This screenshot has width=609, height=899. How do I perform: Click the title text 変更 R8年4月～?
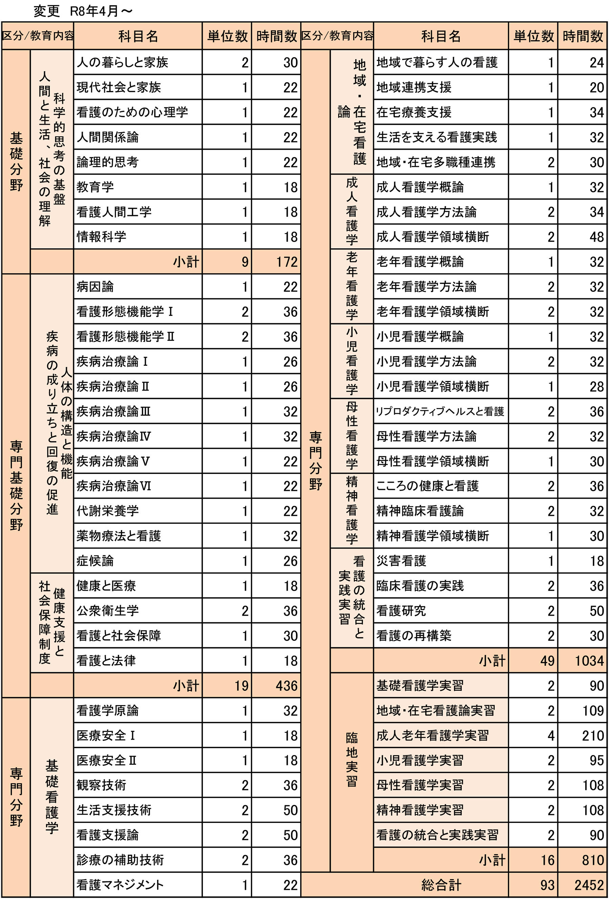(x=83, y=11)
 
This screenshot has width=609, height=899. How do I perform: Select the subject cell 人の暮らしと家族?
(x=122, y=62)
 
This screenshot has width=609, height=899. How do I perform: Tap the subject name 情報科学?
(x=101, y=236)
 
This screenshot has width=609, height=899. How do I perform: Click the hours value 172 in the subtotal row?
(x=287, y=262)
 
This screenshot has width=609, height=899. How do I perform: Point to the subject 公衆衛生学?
(x=107, y=611)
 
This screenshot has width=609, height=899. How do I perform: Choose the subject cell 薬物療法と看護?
(x=118, y=536)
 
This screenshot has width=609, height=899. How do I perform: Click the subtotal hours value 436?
(x=287, y=686)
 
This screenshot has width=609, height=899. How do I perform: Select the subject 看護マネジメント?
(x=120, y=885)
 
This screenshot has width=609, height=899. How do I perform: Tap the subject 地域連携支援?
(x=414, y=88)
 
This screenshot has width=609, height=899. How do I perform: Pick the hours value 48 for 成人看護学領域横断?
(x=596, y=237)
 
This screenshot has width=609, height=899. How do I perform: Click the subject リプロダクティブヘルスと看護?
(x=440, y=411)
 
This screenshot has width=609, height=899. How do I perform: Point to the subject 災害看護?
(x=401, y=561)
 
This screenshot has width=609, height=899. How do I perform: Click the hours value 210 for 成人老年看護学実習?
(x=593, y=735)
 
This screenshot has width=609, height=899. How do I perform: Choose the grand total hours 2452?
(x=589, y=885)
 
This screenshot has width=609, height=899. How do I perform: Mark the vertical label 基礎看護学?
(x=52, y=797)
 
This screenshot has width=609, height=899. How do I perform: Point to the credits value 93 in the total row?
(x=547, y=885)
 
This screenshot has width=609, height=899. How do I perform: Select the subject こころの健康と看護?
(x=427, y=486)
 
